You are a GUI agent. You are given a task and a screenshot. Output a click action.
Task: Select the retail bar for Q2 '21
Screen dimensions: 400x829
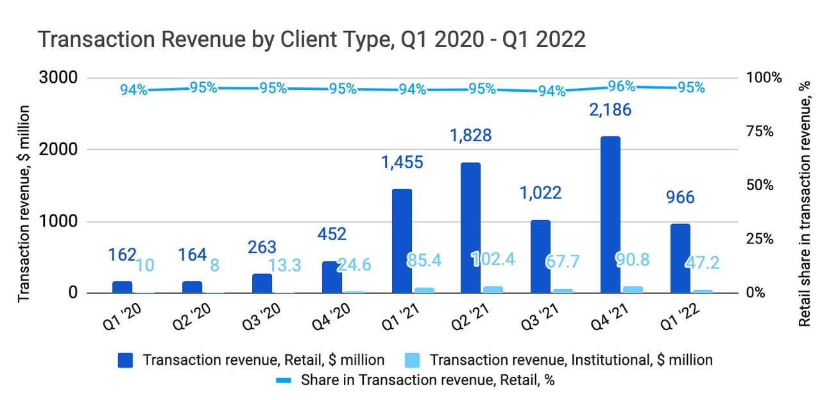[x=470, y=227]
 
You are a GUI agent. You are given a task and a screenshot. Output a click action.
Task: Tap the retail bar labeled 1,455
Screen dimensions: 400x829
[x=401, y=241]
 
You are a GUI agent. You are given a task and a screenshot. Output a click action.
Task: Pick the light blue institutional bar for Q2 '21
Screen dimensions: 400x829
[x=493, y=290]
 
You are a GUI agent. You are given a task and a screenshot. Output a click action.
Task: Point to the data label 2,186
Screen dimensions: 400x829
[x=610, y=110]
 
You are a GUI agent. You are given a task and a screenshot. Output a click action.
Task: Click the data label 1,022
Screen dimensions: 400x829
[x=540, y=193]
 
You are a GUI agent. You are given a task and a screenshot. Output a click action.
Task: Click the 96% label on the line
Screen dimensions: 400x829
[x=621, y=86]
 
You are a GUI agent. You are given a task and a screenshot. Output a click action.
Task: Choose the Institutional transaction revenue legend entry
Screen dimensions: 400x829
[x=559, y=360]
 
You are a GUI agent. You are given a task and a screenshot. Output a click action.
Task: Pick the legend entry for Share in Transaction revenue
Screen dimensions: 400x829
[x=416, y=379]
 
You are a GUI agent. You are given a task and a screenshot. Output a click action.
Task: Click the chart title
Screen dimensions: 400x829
[x=312, y=39]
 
